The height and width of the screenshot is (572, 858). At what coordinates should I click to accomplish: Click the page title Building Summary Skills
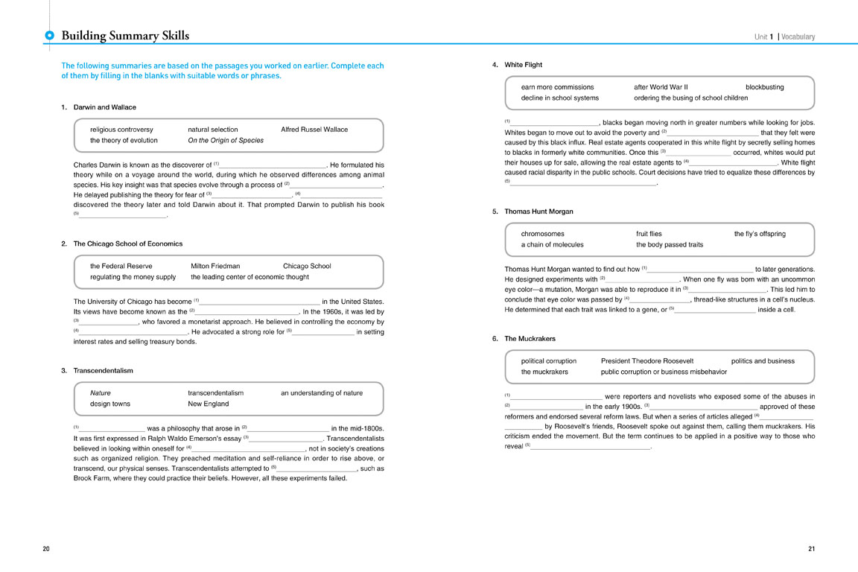125,36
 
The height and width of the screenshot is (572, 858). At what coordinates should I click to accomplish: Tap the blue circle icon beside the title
49,36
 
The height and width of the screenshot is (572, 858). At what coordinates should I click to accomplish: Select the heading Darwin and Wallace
104,107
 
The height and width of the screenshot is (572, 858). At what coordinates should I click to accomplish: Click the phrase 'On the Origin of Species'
226,140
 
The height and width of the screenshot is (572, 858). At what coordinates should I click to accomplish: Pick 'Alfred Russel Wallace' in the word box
314,130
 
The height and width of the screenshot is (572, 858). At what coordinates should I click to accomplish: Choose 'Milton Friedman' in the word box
215,266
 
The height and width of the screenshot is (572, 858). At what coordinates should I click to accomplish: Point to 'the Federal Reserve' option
121,266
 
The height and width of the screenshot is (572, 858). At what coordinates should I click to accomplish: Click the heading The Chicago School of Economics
127,244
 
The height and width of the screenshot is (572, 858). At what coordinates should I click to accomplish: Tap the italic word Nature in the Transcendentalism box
101,393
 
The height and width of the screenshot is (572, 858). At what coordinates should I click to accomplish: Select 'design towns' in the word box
110,404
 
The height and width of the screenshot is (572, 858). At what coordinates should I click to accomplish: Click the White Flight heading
523,65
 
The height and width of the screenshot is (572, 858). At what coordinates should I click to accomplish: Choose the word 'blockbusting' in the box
764,87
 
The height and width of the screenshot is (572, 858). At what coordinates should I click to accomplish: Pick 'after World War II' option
661,87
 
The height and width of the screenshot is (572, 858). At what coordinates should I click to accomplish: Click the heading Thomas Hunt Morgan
538,212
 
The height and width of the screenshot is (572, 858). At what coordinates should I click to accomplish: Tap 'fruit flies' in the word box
649,234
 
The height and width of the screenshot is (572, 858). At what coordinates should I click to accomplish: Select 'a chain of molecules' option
552,244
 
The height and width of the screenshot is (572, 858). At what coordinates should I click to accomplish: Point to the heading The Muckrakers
530,339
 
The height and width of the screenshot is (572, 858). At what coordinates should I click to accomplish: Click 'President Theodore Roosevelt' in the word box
648,361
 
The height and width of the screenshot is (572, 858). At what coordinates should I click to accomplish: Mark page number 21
811,549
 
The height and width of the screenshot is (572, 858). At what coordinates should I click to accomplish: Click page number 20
46,549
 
